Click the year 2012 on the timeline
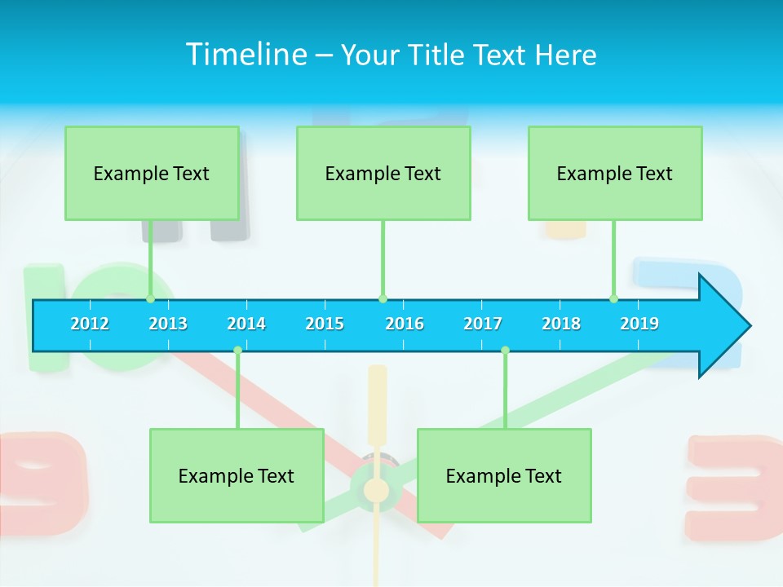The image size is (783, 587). (x=90, y=324)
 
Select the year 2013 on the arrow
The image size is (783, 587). (x=168, y=324)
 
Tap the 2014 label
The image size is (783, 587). (x=246, y=324)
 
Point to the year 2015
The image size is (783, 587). (x=325, y=324)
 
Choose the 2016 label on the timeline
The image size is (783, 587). (x=405, y=324)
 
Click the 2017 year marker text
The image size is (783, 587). (x=483, y=324)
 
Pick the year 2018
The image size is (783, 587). (x=561, y=324)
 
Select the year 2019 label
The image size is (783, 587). (x=639, y=324)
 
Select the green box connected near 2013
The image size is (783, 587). (x=152, y=173)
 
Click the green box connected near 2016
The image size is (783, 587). (x=383, y=173)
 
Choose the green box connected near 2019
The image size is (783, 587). (x=615, y=173)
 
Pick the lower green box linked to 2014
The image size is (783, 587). (x=237, y=475)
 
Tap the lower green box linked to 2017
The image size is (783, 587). (x=504, y=475)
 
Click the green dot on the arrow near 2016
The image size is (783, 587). (x=383, y=298)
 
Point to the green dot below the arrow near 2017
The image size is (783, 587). (x=505, y=351)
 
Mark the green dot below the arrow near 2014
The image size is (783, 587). (x=237, y=351)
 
